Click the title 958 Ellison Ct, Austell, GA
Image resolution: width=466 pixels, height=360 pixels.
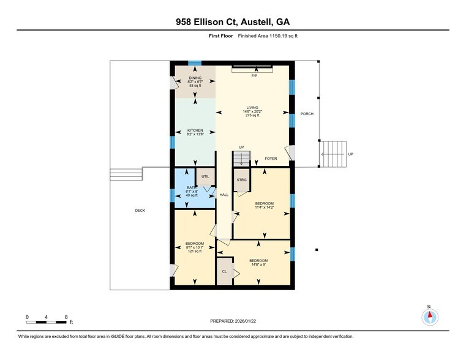233,22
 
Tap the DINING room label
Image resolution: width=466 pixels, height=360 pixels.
195,78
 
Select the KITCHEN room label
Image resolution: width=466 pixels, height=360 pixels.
195,130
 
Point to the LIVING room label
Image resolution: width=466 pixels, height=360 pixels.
252,108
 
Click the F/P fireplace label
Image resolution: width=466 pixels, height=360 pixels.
254,76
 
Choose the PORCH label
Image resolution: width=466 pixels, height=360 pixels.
307,114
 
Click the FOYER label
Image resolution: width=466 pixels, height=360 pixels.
271,159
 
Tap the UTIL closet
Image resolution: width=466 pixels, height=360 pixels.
205,176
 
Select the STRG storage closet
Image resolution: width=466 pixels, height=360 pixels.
241,180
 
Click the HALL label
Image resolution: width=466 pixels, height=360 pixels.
224,195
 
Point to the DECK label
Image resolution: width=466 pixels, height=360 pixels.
140,210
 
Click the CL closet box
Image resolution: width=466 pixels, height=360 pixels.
224,271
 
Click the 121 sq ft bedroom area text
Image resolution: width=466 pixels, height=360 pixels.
195,252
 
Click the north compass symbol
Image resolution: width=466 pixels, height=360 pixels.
430,316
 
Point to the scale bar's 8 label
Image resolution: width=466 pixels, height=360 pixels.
66,317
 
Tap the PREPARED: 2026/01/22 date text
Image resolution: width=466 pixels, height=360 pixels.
233,320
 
